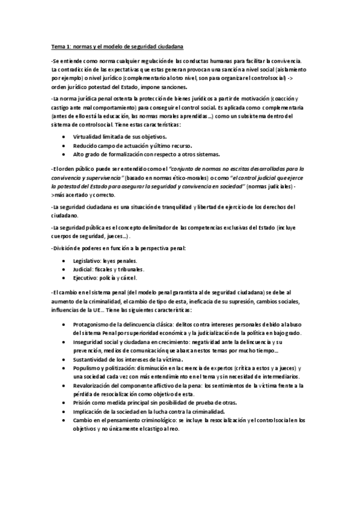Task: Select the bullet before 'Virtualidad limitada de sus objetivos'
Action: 65,137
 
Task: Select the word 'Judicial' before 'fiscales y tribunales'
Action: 84,269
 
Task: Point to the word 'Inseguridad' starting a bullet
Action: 89,341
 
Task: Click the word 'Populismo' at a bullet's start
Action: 87,367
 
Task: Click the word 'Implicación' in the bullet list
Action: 88,411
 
